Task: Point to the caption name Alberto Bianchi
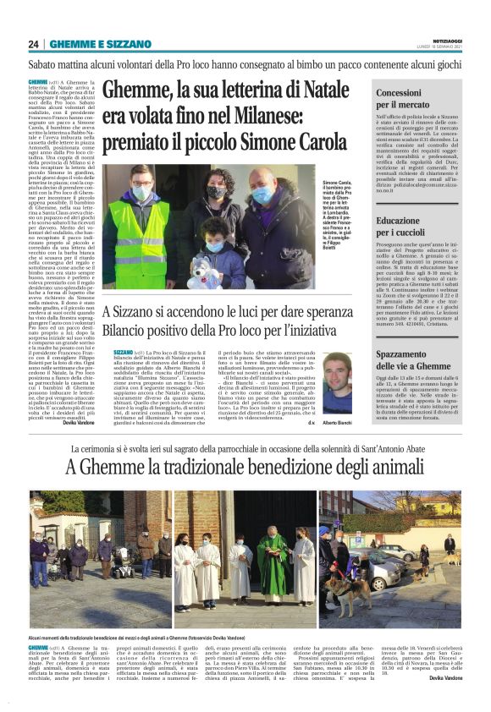(339, 422)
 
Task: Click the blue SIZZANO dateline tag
(123, 351)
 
